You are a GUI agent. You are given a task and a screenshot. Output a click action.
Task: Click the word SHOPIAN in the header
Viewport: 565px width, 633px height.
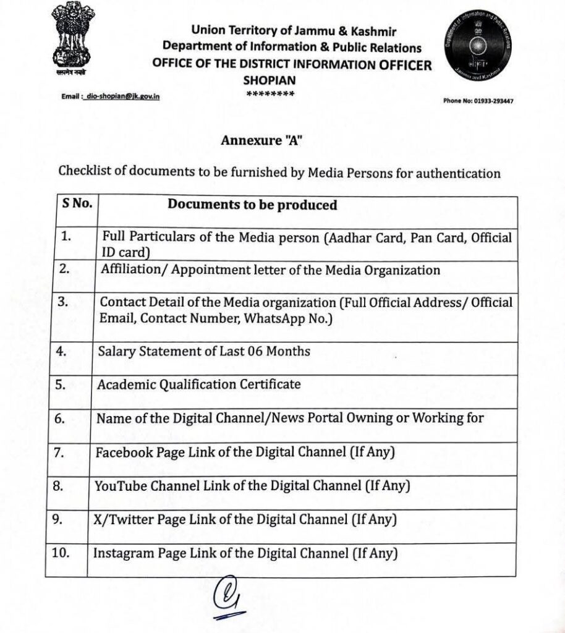click(270, 80)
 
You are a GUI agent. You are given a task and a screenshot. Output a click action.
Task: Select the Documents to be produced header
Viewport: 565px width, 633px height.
click(253, 205)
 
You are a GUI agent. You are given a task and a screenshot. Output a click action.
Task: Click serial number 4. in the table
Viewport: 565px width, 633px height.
click(60, 351)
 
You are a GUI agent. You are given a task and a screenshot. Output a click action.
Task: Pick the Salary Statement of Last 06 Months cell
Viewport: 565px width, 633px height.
click(204, 351)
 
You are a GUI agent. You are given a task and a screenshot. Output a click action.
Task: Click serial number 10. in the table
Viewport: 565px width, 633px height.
click(61, 553)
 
